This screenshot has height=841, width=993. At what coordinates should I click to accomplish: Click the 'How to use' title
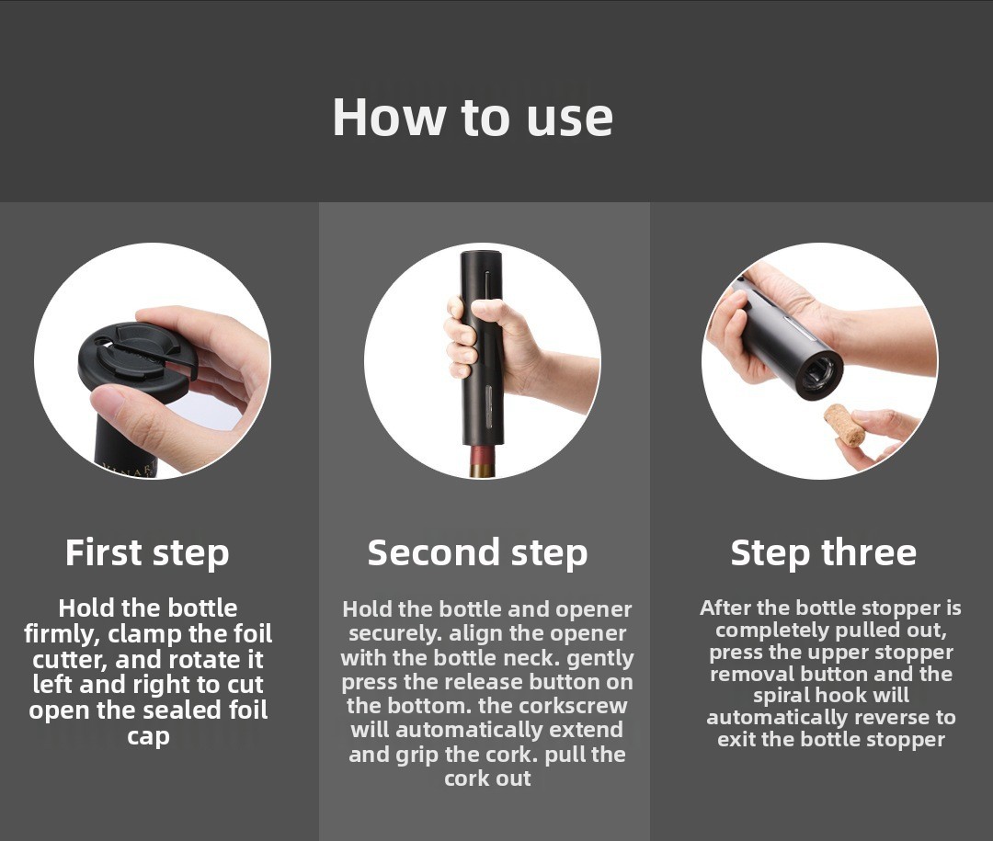coord(473,117)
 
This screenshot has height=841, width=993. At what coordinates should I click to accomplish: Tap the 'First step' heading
coord(147,553)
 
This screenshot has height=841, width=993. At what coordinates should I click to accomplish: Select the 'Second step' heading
coord(477,553)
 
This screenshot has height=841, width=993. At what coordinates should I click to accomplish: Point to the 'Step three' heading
coord(823,553)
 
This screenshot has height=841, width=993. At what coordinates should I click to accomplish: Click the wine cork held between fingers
coord(844,425)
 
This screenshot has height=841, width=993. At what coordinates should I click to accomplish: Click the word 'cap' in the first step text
coord(147,736)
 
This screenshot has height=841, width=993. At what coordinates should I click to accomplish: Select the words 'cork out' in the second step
coord(487,778)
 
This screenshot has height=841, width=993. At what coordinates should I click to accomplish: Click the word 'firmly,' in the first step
coord(62,634)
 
